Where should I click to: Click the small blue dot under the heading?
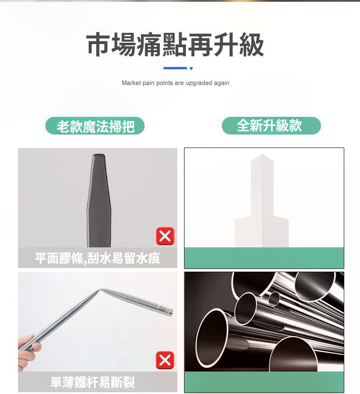(x=191, y=68)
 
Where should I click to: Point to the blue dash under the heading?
(x=175, y=68)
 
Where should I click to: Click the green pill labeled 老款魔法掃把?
(x=95, y=125)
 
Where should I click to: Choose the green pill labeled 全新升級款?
(x=271, y=125)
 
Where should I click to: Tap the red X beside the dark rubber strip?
(x=165, y=236)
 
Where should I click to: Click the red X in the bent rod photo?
(x=165, y=360)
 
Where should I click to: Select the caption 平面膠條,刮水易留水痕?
(x=97, y=258)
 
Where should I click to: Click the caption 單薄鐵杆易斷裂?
(x=93, y=382)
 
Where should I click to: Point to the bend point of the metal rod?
(x=100, y=289)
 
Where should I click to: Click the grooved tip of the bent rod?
(x=166, y=311)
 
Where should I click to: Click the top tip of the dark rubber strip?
(x=99, y=155)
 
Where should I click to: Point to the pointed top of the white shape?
(x=262, y=155)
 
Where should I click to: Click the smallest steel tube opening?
(x=274, y=299)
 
